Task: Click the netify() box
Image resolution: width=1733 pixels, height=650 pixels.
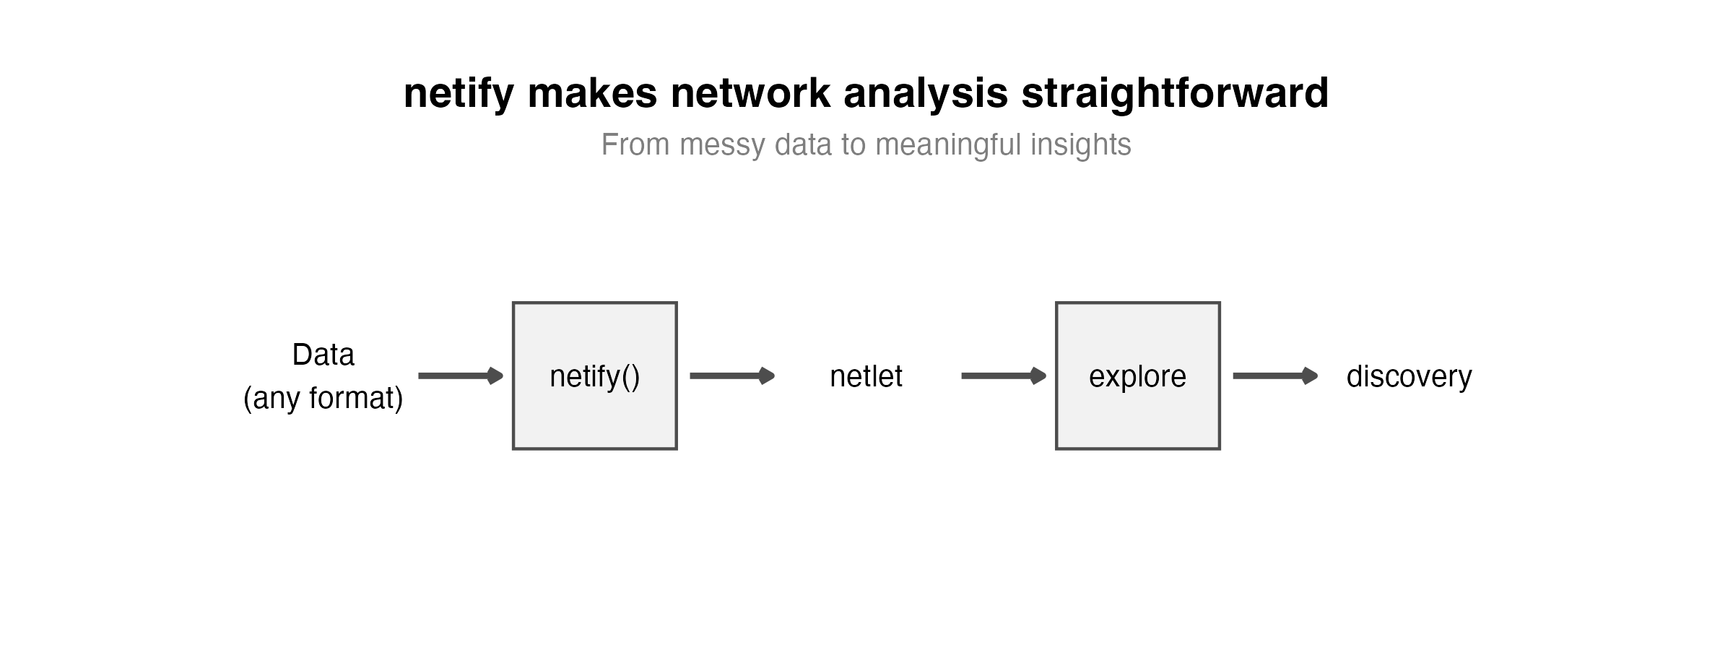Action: click(595, 376)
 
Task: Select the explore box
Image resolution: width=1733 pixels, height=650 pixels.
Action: click(1138, 376)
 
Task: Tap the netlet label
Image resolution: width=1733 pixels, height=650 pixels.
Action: click(866, 376)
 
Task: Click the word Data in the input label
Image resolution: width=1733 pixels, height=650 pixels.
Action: click(323, 355)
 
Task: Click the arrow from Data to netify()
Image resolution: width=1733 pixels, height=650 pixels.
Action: click(461, 376)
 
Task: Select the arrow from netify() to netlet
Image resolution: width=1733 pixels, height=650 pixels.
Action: click(732, 376)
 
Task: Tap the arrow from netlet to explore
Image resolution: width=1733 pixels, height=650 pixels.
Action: click(1004, 376)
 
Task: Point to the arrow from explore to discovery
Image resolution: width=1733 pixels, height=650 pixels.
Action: click(1275, 376)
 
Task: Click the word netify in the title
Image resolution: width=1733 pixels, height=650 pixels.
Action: click(459, 94)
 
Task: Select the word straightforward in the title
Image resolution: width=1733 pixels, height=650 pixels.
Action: click(1175, 94)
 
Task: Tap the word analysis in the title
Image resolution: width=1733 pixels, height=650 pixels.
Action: click(926, 94)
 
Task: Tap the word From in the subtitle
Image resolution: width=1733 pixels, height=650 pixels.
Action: click(636, 144)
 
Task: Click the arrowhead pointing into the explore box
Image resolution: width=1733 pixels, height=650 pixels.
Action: click(1038, 376)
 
